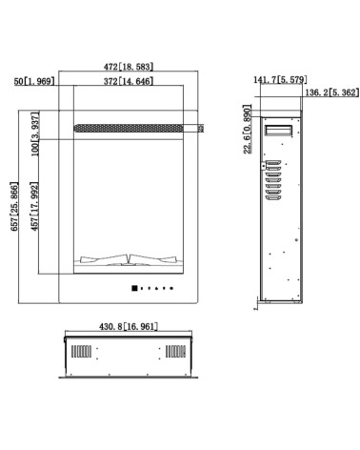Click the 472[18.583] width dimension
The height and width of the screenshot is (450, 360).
129,67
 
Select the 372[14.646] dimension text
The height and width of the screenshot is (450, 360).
129,81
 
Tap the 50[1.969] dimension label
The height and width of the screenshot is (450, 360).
34,81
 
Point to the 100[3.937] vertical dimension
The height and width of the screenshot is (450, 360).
35,133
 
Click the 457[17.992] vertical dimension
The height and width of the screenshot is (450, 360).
34,206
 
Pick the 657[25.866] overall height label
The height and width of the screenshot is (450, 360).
14,207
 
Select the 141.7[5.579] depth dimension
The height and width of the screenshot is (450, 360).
280,80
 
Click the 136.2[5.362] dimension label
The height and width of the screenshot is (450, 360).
332,92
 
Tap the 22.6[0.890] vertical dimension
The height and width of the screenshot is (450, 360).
248,129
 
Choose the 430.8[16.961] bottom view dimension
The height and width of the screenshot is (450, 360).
129,326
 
